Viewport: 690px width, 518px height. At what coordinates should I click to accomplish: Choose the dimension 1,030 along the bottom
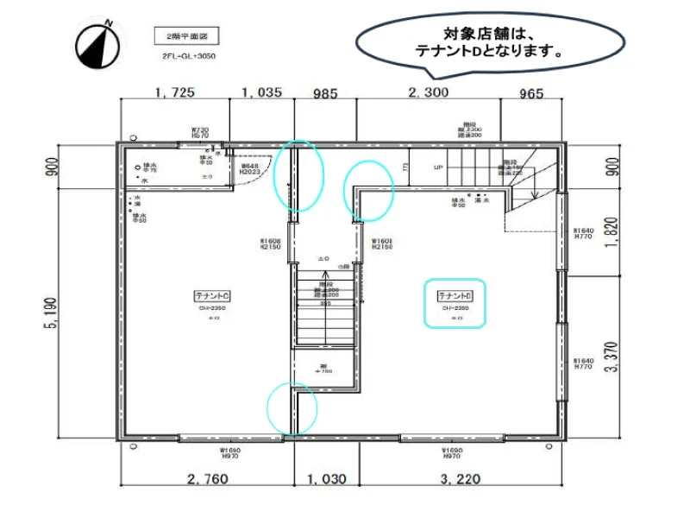click(327, 478)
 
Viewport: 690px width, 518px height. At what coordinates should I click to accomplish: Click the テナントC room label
click(212, 296)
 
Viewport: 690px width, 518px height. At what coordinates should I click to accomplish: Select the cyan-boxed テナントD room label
click(455, 302)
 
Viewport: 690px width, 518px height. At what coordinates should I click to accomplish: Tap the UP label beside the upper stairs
click(438, 167)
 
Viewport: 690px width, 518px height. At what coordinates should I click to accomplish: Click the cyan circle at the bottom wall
click(292, 407)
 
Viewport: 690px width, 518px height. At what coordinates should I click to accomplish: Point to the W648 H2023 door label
click(250, 169)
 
